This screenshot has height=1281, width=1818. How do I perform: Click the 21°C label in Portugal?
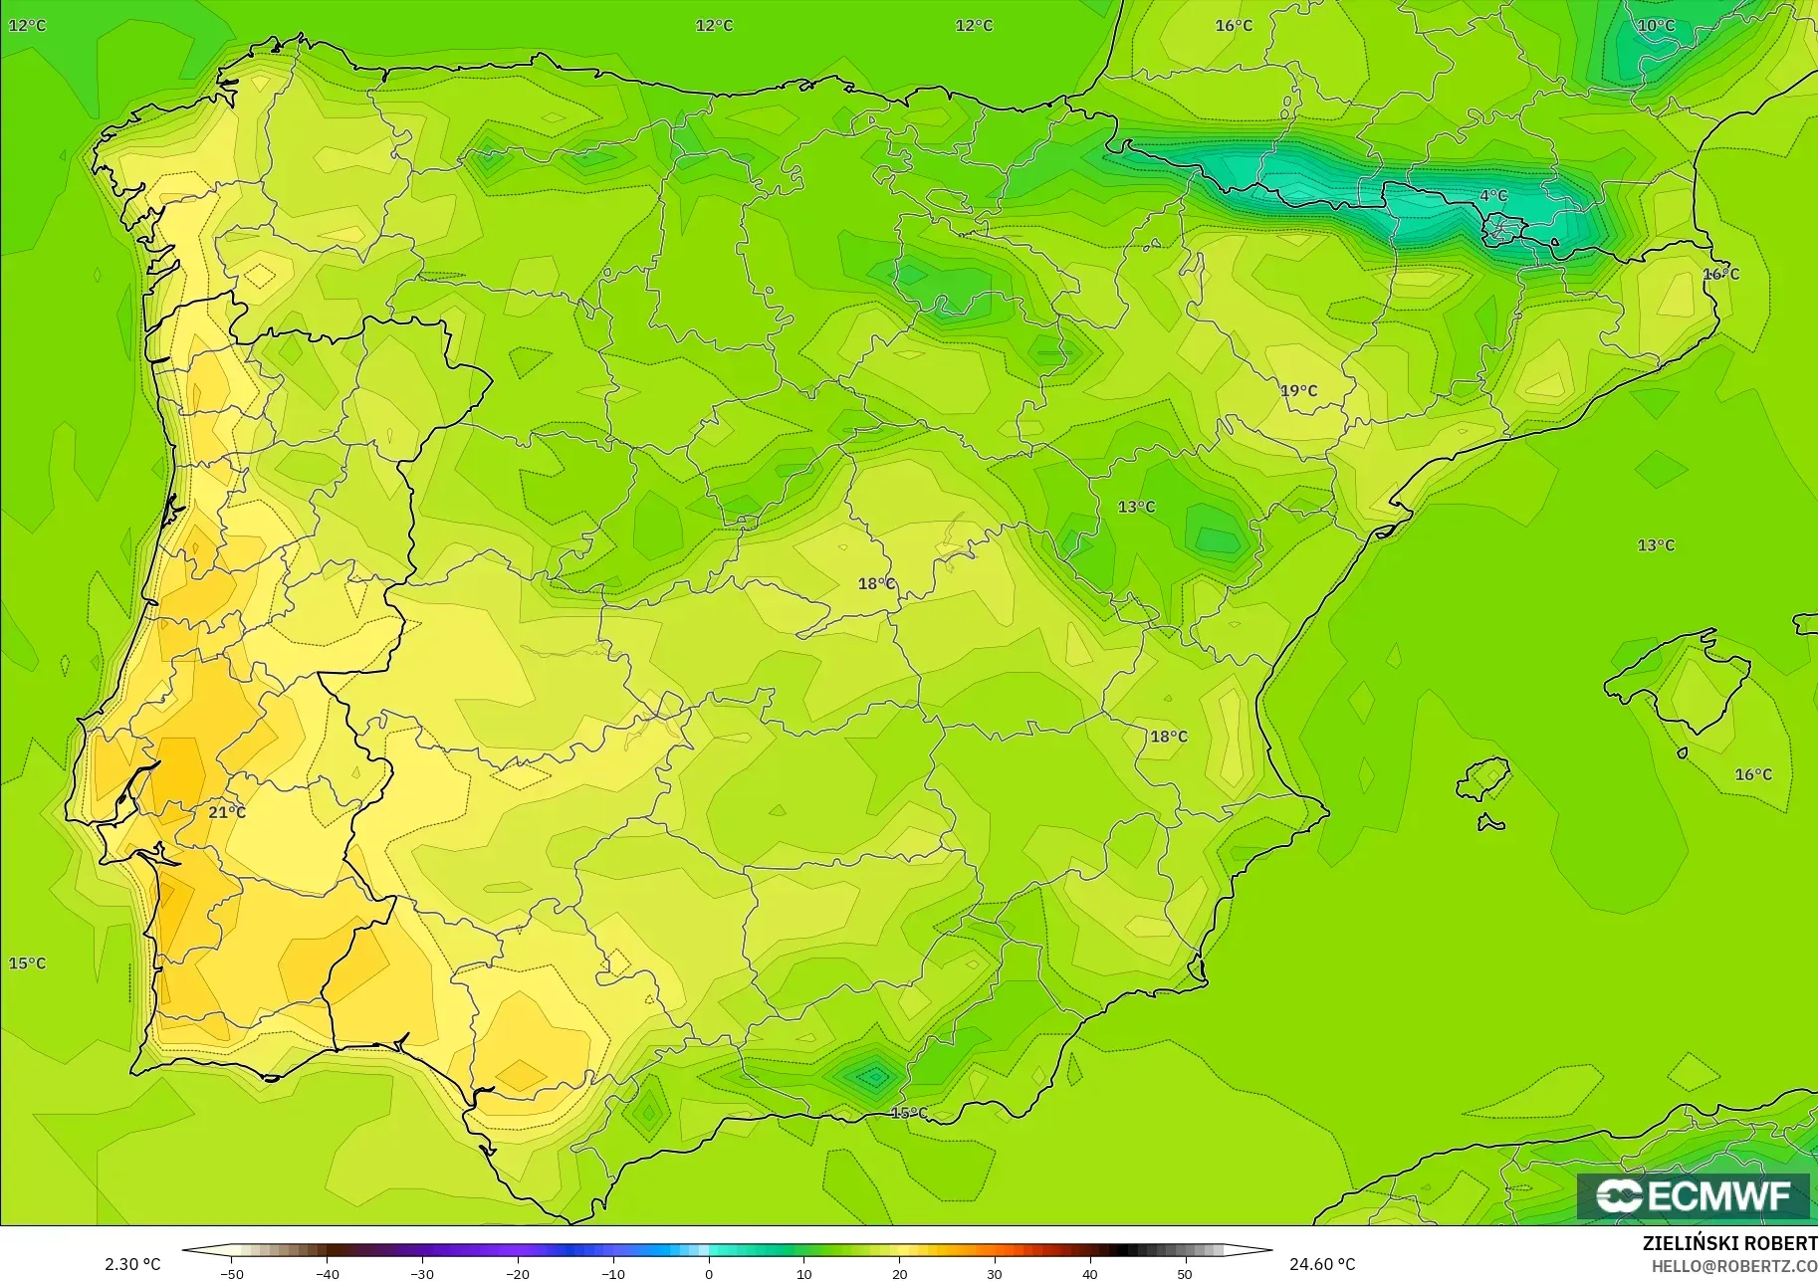click(x=226, y=812)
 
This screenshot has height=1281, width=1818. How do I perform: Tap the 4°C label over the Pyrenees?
click(x=1492, y=196)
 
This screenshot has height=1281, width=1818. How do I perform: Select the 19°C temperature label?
click(x=1298, y=390)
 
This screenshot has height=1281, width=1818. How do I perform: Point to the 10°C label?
click(x=1656, y=26)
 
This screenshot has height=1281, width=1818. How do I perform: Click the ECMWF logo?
click(x=1693, y=1195)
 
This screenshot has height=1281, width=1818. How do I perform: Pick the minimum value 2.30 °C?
click(x=132, y=1264)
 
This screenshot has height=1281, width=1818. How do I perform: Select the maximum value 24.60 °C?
click(x=1322, y=1264)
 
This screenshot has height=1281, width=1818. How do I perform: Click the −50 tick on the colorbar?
click(x=232, y=1273)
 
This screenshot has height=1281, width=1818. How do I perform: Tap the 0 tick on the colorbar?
click(x=709, y=1273)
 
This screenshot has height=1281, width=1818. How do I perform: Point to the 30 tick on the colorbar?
click(x=995, y=1273)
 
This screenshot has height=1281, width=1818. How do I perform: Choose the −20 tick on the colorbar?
click(x=518, y=1273)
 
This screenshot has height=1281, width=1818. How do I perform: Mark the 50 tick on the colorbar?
click(x=1185, y=1273)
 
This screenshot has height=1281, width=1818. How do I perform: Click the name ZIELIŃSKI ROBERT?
click(x=1729, y=1243)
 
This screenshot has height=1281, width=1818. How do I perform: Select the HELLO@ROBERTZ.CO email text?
click(x=1733, y=1266)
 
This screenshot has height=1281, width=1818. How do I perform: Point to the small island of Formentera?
click(x=1490, y=822)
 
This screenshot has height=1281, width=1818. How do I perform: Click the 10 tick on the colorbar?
click(x=804, y=1273)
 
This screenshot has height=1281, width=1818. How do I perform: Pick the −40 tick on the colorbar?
click(x=328, y=1273)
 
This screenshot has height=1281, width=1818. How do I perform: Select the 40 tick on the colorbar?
click(x=1090, y=1273)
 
